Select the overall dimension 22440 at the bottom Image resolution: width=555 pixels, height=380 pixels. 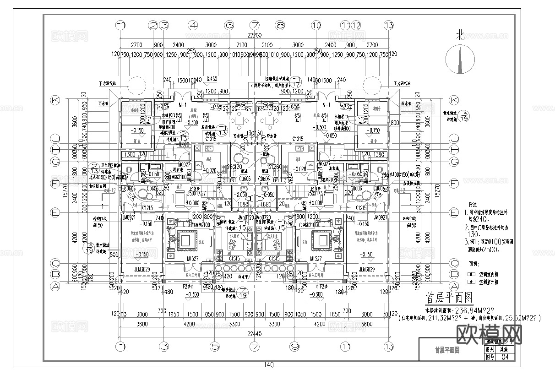pyautogui.click(x=255, y=334)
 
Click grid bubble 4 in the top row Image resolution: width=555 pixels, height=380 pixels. pyautogui.click(x=193, y=25)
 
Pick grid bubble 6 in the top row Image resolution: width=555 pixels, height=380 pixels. pyautogui.click(x=229, y=25)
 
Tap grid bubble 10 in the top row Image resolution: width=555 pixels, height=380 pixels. pyautogui.click(x=316, y=25)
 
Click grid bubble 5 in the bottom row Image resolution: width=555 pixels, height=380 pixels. pyautogui.click(x=213, y=346)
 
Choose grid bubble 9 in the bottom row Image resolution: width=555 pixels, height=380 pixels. pyautogui.click(x=295, y=346)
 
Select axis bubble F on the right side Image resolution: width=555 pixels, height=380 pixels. pyautogui.click(x=454, y=184)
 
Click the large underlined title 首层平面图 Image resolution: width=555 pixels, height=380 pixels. pyautogui.click(x=449, y=299)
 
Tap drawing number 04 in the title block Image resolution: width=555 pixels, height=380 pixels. pyautogui.click(x=506, y=357)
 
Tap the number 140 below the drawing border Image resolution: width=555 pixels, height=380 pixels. pyautogui.click(x=269, y=365)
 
